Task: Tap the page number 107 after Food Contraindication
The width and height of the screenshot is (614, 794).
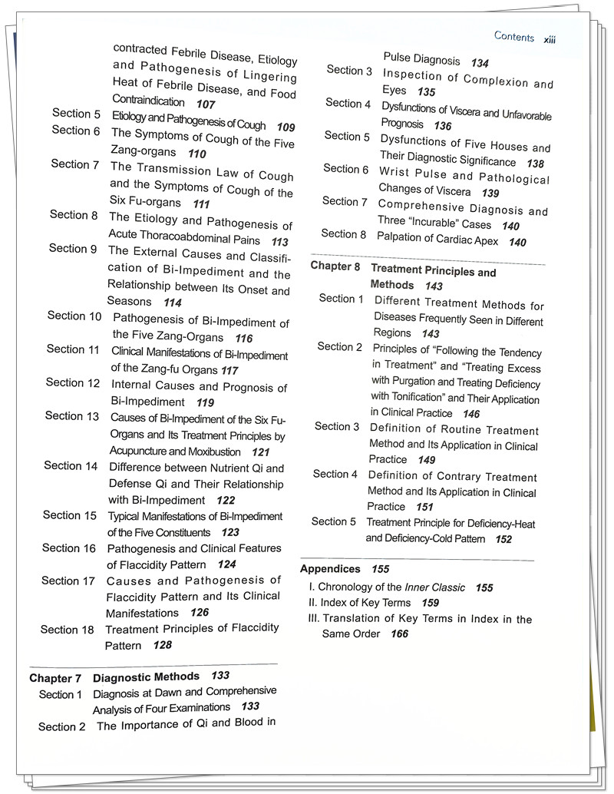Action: coord(205,104)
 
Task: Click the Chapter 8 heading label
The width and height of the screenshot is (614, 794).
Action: coord(337,266)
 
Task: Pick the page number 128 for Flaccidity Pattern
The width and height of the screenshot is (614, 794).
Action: coord(162,645)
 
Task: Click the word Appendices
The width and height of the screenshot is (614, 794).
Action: coord(330,569)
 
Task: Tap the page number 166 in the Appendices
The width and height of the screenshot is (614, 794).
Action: coord(399,634)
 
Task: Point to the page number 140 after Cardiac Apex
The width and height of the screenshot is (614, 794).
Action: coord(517,242)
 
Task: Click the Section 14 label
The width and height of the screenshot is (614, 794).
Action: coord(71,465)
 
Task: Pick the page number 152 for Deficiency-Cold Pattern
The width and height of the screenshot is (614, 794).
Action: coord(503,539)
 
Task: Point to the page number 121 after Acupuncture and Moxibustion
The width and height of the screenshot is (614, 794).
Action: coord(261,452)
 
